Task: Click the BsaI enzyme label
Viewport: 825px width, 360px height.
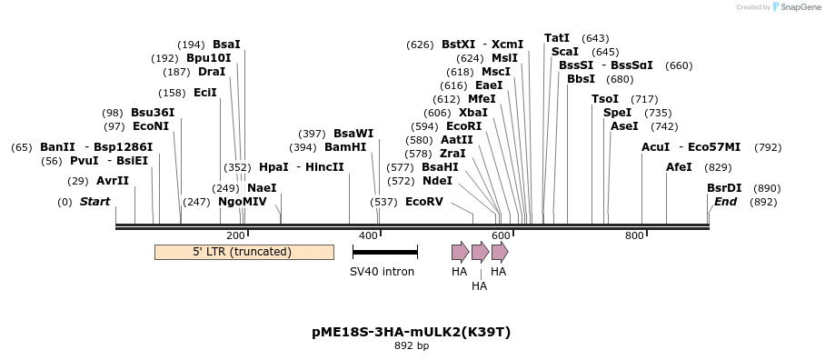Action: coord(226,44)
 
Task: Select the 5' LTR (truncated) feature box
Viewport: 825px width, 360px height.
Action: coord(244,252)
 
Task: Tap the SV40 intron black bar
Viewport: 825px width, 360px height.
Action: coord(384,252)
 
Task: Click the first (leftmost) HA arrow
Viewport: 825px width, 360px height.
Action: coord(460,252)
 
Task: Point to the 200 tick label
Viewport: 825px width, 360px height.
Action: coord(235,235)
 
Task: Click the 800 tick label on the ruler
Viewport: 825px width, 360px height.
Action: coord(634,235)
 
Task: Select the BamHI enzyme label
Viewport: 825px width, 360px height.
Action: coord(345,147)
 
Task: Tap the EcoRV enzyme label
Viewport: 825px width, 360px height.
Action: coord(423,202)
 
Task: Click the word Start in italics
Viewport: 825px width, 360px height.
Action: coord(94,202)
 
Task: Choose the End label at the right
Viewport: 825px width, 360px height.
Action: coord(725,202)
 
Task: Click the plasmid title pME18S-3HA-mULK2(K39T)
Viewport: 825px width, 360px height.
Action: coord(411,332)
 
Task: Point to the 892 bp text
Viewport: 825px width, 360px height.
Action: coord(411,346)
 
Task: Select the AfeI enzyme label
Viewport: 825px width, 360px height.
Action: coord(679,167)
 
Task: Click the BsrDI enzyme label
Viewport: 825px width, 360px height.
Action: coord(724,188)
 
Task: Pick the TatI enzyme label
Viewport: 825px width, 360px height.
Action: coord(557,38)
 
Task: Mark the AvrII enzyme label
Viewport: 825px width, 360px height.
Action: coord(113,181)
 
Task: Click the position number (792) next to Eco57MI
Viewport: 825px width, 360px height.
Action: coord(768,147)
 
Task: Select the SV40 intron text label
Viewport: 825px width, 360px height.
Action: coord(383,272)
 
